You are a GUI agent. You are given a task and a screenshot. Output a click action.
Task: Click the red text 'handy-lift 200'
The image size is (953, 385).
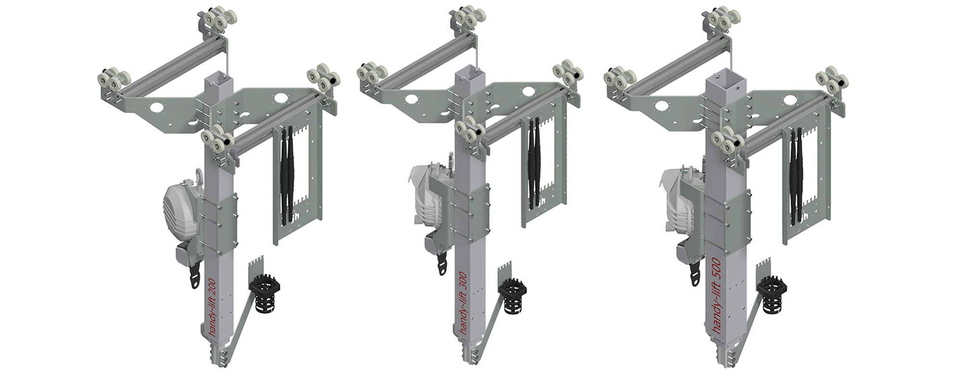click(212, 307)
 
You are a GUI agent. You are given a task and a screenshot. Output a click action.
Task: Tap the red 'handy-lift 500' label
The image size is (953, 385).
click(714, 295)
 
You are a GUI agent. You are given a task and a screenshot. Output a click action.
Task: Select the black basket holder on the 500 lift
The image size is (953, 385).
click(771, 295)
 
